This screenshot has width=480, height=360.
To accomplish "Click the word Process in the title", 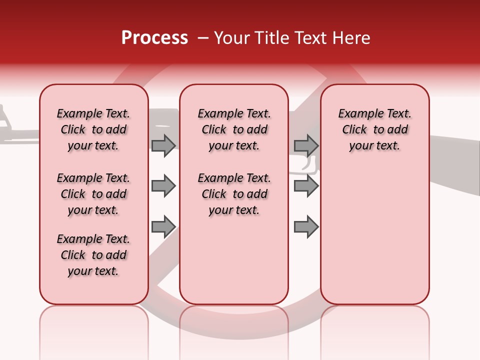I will coord(154,38).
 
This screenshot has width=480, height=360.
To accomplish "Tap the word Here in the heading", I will coord(353,38).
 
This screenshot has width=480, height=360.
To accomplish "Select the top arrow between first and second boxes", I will coord(163,145).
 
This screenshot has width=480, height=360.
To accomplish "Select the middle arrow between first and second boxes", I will coord(163,186).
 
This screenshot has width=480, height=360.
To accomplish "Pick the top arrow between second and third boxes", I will coord(306,145).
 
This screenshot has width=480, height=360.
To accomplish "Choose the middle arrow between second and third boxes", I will coord(306,186).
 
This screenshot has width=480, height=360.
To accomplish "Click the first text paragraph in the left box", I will coord(93,129).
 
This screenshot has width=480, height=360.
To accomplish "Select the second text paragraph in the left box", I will coord(93,194).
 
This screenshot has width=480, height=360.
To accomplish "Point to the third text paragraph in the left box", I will coord(93,255).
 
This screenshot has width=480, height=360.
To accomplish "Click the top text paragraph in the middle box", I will coord(234,129).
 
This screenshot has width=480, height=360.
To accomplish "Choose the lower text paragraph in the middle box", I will coord(234,194).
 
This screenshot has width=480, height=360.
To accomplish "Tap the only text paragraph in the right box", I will coord(374,129).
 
